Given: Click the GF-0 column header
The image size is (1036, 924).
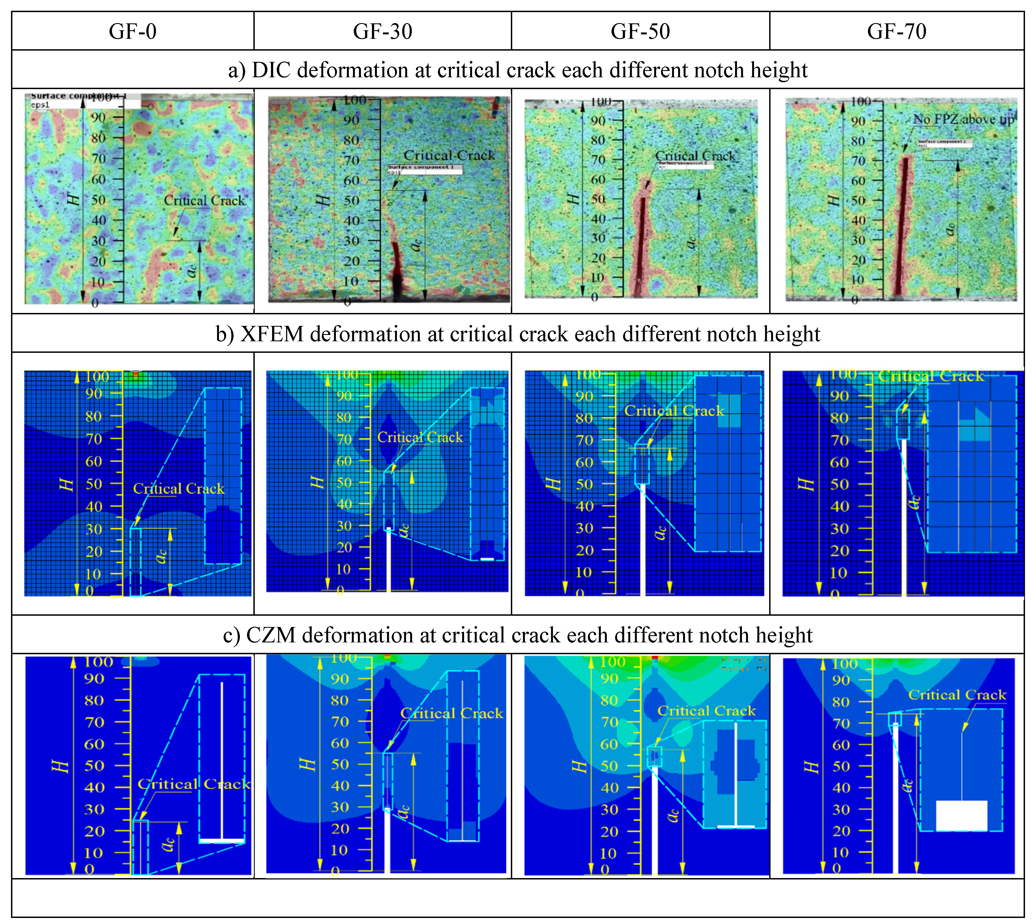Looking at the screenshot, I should pos(133,31).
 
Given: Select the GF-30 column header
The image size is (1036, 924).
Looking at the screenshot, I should pos(382,31).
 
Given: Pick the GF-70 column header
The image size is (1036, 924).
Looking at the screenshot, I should pos(896,31).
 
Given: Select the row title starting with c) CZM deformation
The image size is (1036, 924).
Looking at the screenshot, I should pos(517,635).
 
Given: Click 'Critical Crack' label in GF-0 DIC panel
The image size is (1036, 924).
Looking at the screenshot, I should pos(204,200).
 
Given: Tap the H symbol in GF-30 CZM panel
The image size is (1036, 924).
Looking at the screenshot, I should pos(308,764).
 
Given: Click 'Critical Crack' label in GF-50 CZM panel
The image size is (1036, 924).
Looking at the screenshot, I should pos(706,711).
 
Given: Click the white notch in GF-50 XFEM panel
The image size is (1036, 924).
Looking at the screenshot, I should pos(642,538).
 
